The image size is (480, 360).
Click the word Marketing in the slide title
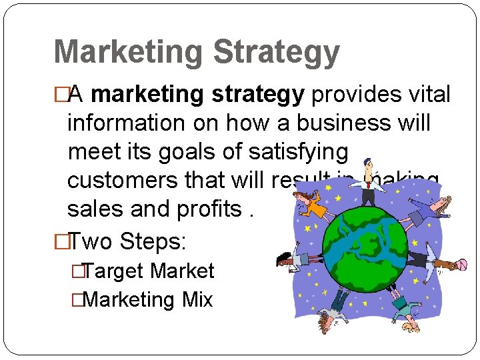127,53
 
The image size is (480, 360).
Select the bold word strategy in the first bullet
257,95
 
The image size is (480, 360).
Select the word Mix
197,300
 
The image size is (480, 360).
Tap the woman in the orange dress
311,205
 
